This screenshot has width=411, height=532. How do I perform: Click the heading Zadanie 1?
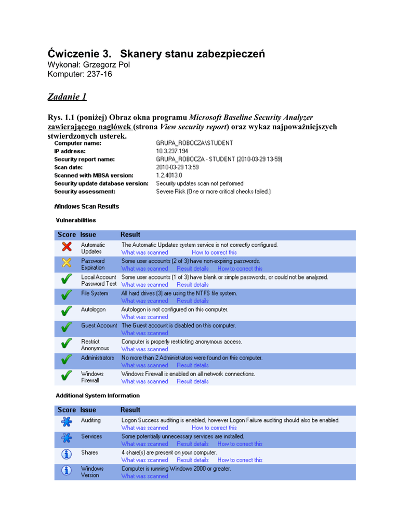coord(67,97)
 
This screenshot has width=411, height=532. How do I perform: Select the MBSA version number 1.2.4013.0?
coord(169,175)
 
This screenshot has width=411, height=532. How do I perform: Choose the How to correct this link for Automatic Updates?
coord(214,252)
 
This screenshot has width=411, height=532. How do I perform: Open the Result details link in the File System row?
coord(193,301)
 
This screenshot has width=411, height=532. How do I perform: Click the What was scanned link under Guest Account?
coord(144,333)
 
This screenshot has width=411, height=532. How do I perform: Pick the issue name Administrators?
coord(97,358)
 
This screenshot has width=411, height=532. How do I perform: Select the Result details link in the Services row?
coord(193,444)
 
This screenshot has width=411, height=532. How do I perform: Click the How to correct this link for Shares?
coord(240,460)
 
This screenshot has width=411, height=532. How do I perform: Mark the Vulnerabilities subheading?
coord(76,220)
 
